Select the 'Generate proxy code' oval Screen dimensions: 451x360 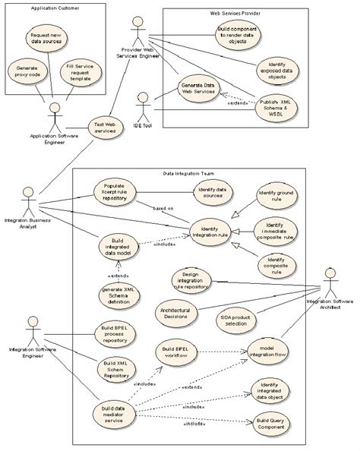[x=27, y=73]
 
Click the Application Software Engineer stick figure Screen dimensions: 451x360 [x=53, y=116]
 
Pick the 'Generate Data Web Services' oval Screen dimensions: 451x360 [x=198, y=87]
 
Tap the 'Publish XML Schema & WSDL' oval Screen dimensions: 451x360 [x=274, y=106]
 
